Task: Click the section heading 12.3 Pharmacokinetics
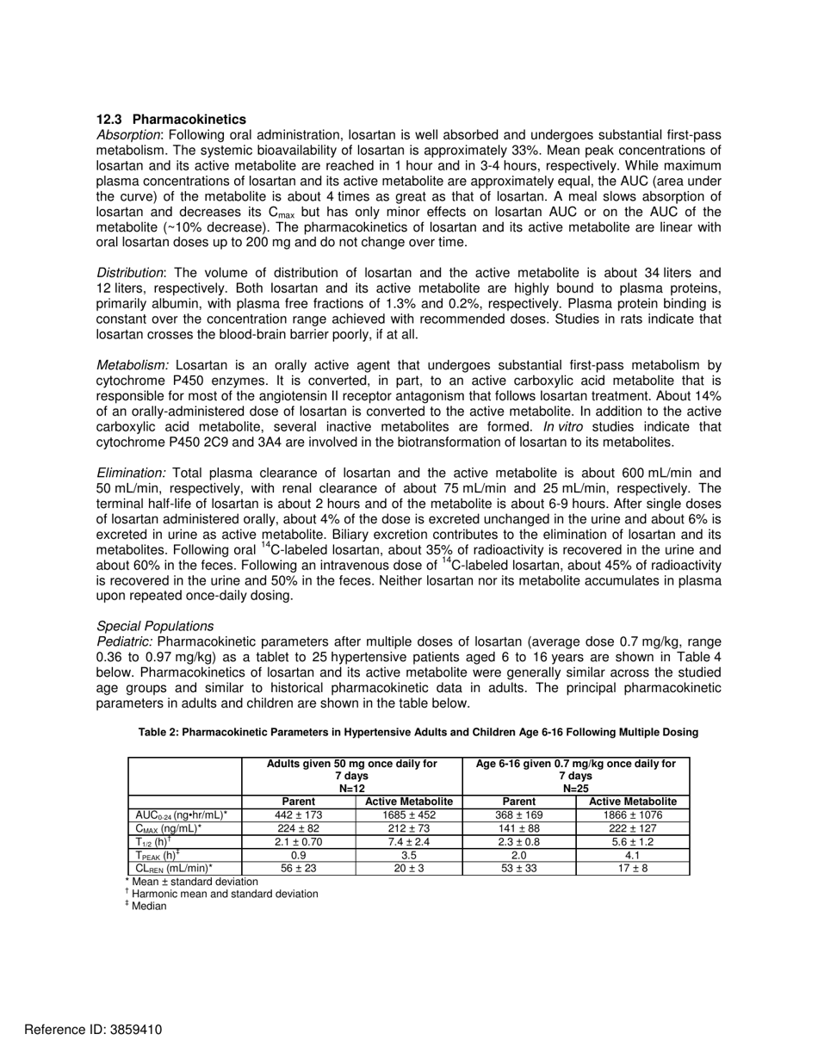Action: (170, 120)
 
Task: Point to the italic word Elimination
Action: (131, 473)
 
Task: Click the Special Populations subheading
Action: (155, 626)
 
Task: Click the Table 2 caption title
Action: (418, 732)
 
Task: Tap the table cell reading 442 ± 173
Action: (298, 814)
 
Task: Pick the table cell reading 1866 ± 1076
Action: (632, 814)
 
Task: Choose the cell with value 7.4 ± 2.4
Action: (409, 842)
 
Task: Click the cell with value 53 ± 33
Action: (518, 869)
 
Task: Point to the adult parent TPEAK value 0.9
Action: (298, 856)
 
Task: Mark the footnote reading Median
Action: (148, 907)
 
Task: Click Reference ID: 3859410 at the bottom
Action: (81, 1030)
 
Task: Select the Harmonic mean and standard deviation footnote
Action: (224, 894)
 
